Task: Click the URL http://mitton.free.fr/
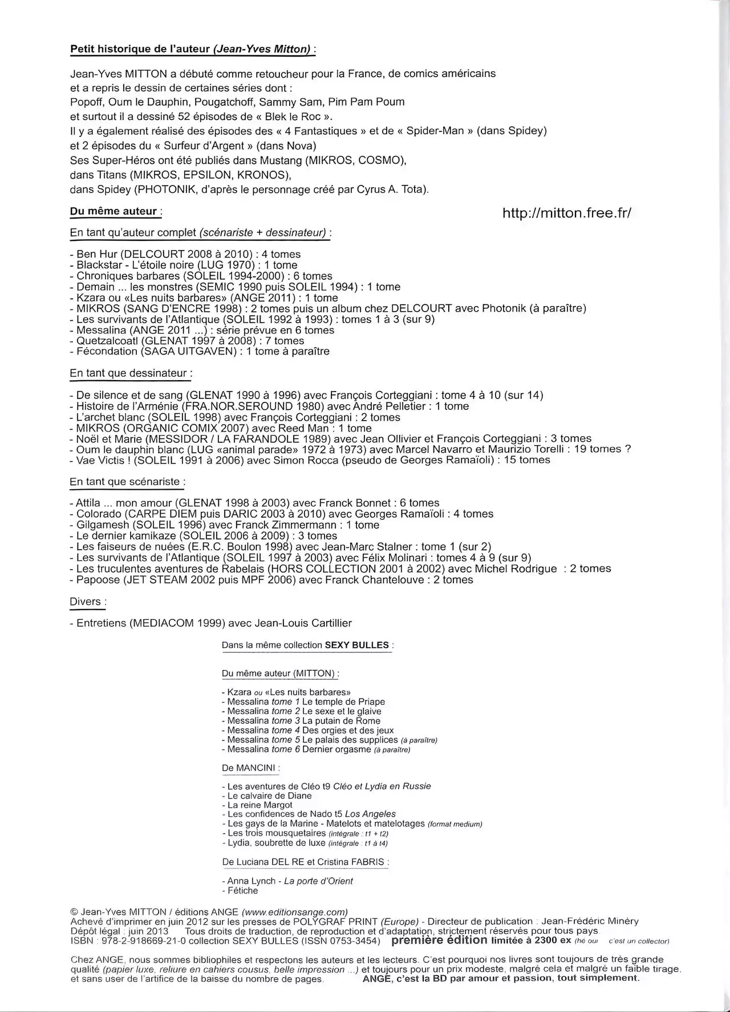click(x=567, y=213)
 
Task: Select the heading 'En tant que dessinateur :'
click(x=131, y=373)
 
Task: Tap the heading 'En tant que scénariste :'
click(x=127, y=482)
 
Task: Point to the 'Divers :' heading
click(x=88, y=602)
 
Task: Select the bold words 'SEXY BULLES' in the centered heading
click(x=357, y=646)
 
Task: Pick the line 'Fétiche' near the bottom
click(x=242, y=890)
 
